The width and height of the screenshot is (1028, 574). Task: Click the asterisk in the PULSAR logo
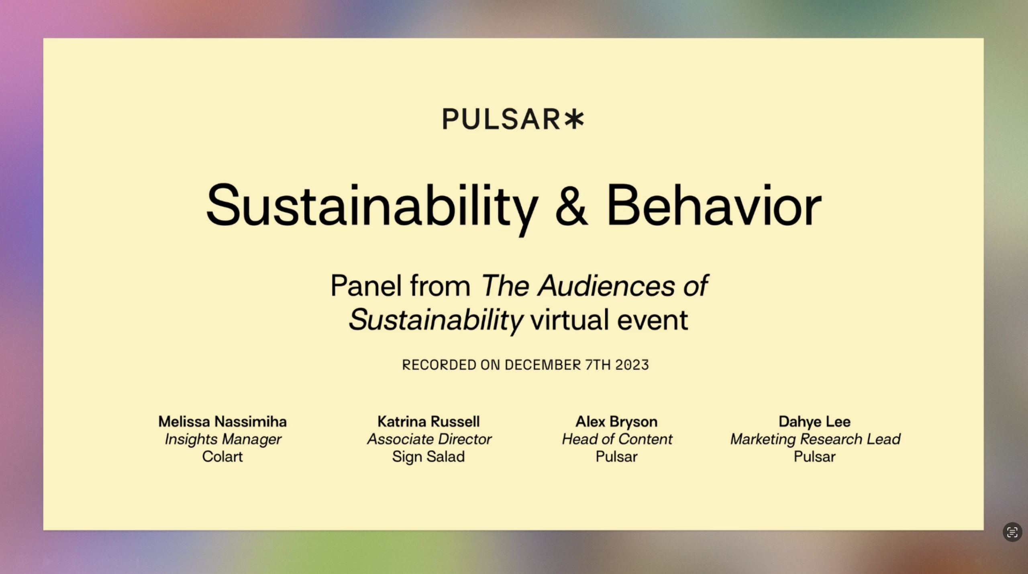[x=574, y=119]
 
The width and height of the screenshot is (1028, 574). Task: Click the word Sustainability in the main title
[x=372, y=206]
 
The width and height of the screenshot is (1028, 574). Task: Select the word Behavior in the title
[x=714, y=206]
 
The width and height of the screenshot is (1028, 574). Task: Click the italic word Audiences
[x=606, y=286]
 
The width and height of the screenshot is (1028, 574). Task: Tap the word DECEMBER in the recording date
[x=543, y=365]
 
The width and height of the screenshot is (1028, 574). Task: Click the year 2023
[x=632, y=365]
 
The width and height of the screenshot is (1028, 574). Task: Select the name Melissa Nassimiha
[x=222, y=421]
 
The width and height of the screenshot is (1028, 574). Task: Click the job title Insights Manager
[x=222, y=439]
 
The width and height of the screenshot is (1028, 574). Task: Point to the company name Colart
[x=222, y=457]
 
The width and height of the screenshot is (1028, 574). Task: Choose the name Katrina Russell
[x=428, y=421]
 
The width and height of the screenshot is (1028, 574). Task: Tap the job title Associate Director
[x=429, y=439]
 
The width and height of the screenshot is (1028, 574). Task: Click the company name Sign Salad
[x=428, y=457]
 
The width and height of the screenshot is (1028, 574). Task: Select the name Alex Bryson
[x=616, y=421]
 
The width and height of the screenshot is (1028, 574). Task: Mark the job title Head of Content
[x=617, y=439]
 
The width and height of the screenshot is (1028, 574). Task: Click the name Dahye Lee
[x=814, y=421]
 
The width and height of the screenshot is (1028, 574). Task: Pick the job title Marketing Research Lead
[x=815, y=439]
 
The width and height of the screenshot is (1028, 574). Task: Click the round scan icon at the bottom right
[x=1012, y=532]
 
